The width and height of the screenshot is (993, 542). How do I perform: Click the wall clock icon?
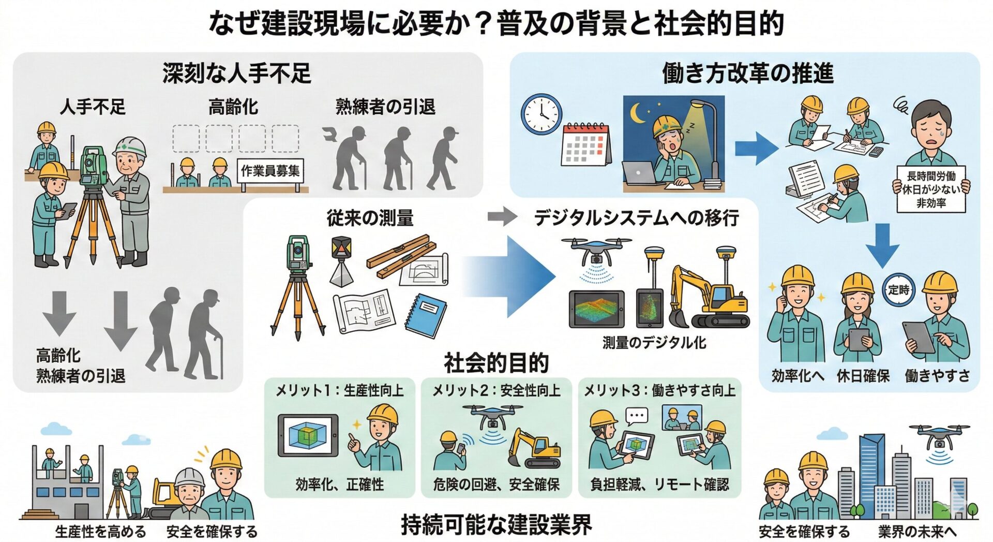click(x=541, y=114)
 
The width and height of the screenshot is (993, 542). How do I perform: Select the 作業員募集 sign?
click(x=270, y=170)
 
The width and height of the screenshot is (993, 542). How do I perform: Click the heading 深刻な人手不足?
click(x=236, y=73)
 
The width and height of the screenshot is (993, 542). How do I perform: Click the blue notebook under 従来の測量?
click(x=425, y=315)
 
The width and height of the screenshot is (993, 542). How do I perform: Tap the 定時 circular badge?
click(x=898, y=290)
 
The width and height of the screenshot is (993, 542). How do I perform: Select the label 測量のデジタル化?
click(x=654, y=343)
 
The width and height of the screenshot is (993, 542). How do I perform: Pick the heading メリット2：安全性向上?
click(x=496, y=390)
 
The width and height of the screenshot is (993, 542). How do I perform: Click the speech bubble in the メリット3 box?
click(x=636, y=415)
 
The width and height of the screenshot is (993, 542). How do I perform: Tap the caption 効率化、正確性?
click(x=339, y=485)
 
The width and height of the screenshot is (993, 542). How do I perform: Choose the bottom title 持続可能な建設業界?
click(x=496, y=525)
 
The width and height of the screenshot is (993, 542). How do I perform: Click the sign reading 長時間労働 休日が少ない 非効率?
click(x=931, y=189)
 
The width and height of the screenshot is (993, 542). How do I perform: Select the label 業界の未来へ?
click(x=917, y=532)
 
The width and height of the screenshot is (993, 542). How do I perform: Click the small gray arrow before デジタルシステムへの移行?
click(x=502, y=216)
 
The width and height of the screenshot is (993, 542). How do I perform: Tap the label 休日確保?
click(x=863, y=376)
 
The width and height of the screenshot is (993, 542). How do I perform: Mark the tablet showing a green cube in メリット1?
click(x=308, y=435)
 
